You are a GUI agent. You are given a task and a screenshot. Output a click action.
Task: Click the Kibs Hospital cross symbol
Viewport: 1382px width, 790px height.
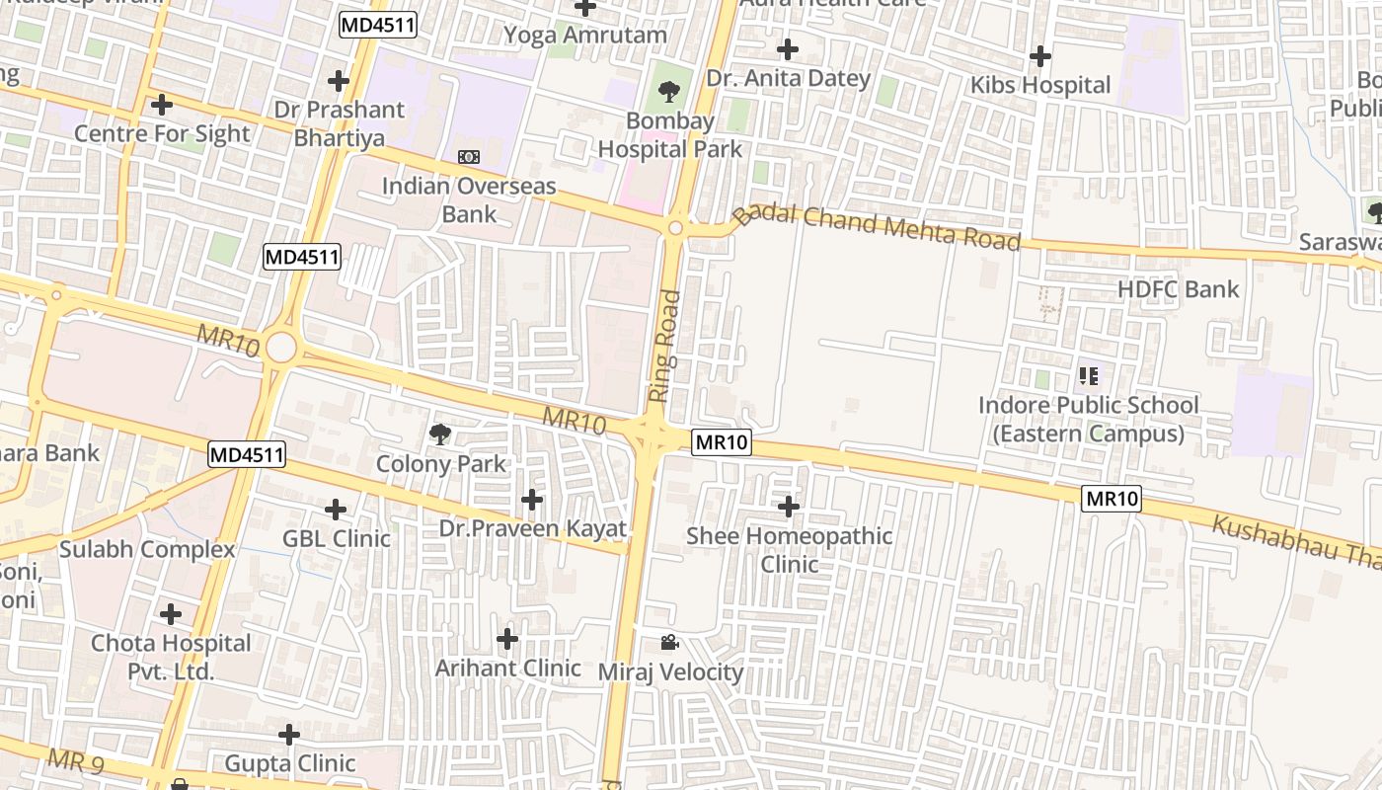[1039, 56]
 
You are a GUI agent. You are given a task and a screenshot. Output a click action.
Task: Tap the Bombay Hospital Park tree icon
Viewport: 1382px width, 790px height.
[669, 92]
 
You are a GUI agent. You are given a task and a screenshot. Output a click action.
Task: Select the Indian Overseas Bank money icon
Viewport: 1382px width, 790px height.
[469, 157]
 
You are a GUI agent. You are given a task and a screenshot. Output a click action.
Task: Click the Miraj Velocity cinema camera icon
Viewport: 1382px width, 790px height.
[669, 643]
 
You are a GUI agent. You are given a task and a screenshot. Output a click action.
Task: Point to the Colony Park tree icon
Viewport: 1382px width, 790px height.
[440, 434]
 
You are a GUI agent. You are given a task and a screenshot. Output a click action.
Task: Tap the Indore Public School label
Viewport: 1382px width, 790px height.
[1088, 419]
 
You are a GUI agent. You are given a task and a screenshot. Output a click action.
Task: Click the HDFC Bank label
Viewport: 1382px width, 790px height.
[1178, 289]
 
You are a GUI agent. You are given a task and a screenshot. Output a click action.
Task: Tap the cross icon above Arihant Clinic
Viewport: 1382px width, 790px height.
[507, 639]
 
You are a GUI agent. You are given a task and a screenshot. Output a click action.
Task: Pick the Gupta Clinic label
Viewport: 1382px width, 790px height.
[290, 763]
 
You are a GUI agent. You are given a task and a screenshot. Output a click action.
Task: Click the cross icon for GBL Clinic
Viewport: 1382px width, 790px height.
[336, 510]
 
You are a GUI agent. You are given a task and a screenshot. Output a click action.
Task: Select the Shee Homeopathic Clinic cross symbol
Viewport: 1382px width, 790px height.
[788, 507]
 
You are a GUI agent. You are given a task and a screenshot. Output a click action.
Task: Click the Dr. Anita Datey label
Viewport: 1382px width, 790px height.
[788, 78]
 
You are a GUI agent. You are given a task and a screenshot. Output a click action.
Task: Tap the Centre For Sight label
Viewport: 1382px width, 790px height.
[162, 133]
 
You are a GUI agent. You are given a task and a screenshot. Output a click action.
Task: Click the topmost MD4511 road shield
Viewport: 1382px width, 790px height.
[377, 26]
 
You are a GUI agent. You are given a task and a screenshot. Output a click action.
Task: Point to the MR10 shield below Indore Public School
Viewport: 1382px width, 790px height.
[1113, 499]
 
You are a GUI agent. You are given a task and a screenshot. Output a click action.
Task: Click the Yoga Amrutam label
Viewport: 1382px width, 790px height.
[585, 36]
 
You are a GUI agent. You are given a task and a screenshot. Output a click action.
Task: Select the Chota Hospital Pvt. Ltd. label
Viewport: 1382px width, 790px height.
[171, 657]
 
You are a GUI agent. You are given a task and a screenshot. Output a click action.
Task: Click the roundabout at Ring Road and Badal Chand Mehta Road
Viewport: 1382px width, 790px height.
[675, 228]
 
